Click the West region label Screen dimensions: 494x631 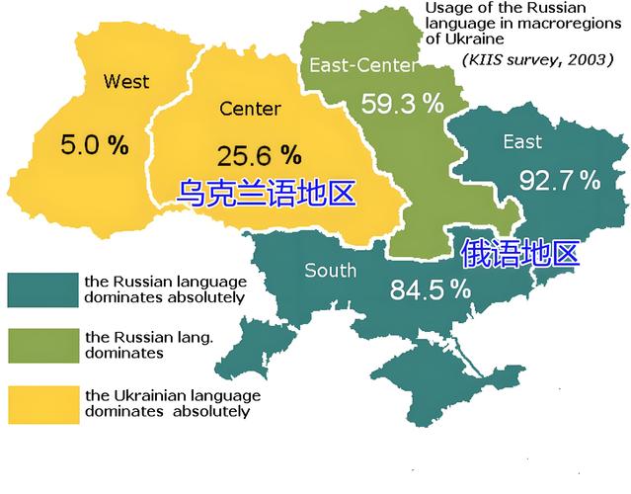(125, 80)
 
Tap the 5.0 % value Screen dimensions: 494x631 (95, 146)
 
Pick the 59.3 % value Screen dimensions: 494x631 (401, 104)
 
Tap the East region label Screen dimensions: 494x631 (522, 141)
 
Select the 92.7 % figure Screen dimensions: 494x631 (560, 181)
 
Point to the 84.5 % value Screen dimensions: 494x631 (429, 289)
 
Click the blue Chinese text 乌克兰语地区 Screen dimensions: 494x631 (265, 193)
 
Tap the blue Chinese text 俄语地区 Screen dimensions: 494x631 (519, 254)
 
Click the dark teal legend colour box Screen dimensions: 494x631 (40, 289)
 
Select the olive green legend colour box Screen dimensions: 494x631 (40, 345)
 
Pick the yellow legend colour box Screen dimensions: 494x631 (40, 403)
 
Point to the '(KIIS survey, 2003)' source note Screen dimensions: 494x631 (533, 59)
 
